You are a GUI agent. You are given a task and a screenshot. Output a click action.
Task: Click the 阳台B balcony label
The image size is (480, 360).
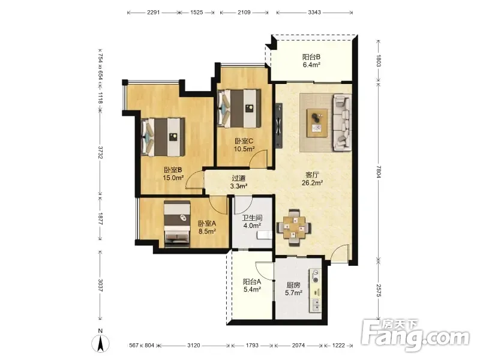[311, 57]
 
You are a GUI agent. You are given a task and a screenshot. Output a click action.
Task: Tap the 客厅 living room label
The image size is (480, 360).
[312, 175]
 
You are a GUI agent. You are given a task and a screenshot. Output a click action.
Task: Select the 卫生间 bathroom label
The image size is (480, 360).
[252, 218]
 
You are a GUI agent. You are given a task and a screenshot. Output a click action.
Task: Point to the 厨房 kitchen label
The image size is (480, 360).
[293, 285]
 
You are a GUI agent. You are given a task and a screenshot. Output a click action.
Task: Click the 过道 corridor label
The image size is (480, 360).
[239, 178]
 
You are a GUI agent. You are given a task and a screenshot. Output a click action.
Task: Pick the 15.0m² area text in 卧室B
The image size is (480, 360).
[173, 178]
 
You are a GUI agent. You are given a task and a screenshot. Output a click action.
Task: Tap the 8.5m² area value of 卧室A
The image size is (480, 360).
[207, 232]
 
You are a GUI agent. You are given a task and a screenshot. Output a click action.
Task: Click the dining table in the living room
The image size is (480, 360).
[294, 227]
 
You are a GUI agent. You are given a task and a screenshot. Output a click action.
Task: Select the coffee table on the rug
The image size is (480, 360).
[317, 123]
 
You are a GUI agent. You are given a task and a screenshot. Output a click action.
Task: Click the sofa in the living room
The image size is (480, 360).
[341, 122]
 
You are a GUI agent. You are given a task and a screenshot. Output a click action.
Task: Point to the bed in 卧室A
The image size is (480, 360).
[177, 224]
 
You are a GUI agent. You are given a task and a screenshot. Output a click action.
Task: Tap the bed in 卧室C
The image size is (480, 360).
[239, 109]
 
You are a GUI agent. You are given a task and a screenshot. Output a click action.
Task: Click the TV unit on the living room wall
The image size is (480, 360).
[279, 125]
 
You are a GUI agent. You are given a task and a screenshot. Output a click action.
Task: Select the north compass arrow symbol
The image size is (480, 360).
[100, 343]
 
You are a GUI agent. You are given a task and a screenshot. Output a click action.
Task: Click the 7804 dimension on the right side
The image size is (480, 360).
[379, 172]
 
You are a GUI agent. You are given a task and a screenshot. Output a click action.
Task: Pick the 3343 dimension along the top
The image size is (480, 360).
[314, 12]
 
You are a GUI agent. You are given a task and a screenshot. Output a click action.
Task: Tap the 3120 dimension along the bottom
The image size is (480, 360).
[193, 346]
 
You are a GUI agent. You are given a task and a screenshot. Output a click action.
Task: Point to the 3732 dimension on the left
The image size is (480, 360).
[100, 152]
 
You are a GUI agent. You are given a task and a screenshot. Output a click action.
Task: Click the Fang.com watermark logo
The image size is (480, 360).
[415, 335]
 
